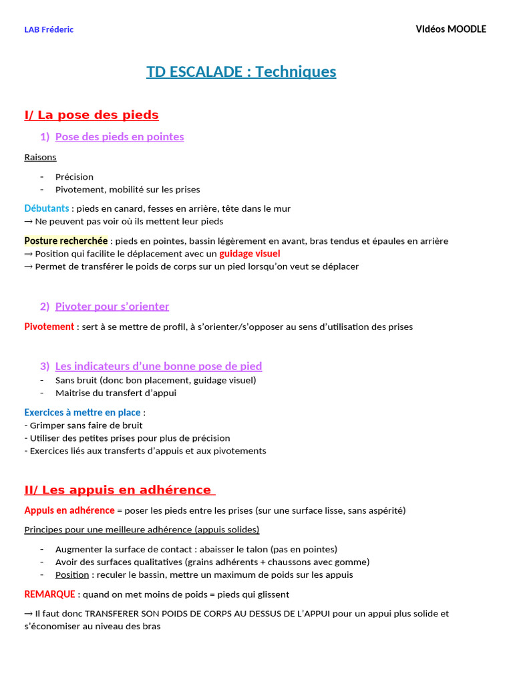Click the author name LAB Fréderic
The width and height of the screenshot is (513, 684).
pyautogui.click(x=49, y=29)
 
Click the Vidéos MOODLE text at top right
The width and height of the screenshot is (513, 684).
pyautogui.click(x=451, y=29)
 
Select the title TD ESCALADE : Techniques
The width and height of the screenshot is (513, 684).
pyautogui.click(x=241, y=71)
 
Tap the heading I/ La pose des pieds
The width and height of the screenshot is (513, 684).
pyautogui.click(x=92, y=115)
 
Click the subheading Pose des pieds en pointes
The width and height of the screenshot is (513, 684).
pyautogui.click(x=120, y=137)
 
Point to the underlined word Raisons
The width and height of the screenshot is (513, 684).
pyautogui.click(x=40, y=157)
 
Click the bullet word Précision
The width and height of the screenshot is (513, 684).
pyautogui.click(x=74, y=177)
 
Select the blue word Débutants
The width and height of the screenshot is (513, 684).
pyautogui.click(x=47, y=208)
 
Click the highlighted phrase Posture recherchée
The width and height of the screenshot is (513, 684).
pyautogui.click(x=66, y=241)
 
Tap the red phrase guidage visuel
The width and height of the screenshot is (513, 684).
pyautogui.click(x=250, y=254)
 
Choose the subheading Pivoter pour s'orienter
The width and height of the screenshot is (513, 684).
pyautogui.click(x=112, y=307)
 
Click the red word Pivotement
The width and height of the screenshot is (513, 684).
pyautogui.click(x=49, y=327)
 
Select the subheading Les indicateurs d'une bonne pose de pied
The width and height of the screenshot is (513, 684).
pyautogui.click(x=158, y=366)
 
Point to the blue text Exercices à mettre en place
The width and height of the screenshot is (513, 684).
pyautogui.click(x=83, y=413)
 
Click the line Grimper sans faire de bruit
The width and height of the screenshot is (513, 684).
pyautogui.click(x=83, y=425)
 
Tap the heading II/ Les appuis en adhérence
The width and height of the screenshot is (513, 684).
pyautogui.click(x=118, y=490)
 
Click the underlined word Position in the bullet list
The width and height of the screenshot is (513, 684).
pyautogui.click(x=72, y=575)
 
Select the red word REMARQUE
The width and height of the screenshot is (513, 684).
pyautogui.click(x=49, y=594)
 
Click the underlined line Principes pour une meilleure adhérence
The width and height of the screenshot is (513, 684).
pyautogui.click(x=142, y=530)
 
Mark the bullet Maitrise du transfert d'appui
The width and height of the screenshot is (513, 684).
pyautogui.click(x=116, y=393)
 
